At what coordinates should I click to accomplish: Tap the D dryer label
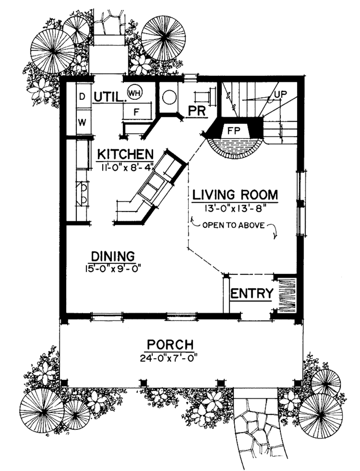pyautogui.click(x=82, y=97)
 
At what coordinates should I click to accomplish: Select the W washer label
pyautogui.click(x=82, y=123)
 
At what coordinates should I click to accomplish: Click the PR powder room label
pyautogui.click(x=197, y=111)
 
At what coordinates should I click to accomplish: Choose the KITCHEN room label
pyautogui.click(x=126, y=154)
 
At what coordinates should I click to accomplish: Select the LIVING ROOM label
pyautogui.click(x=235, y=195)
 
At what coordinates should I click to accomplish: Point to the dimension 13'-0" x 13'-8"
pyautogui.click(x=236, y=209)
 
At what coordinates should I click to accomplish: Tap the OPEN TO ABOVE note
pyautogui.click(x=233, y=225)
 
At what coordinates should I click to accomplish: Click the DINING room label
pyautogui.click(x=113, y=256)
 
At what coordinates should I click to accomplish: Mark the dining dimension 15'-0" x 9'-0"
pyautogui.click(x=114, y=269)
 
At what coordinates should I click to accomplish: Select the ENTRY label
pyautogui.click(x=252, y=293)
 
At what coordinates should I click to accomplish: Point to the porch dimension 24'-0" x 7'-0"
pyautogui.click(x=169, y=358)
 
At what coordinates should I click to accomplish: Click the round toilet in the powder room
pyautogui.click(x=169, y=97)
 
